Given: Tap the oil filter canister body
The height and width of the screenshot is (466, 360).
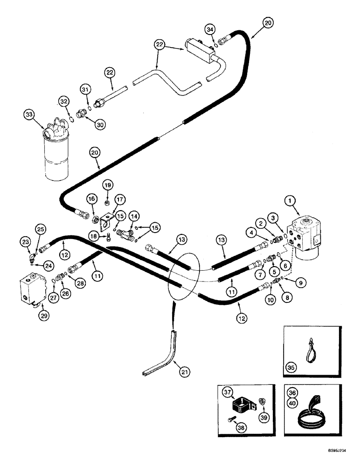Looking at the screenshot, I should point(57,156).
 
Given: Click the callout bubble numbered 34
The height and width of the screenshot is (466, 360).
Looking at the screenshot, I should point(211,30).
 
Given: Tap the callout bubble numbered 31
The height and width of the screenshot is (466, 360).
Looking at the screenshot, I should point(85,90).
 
